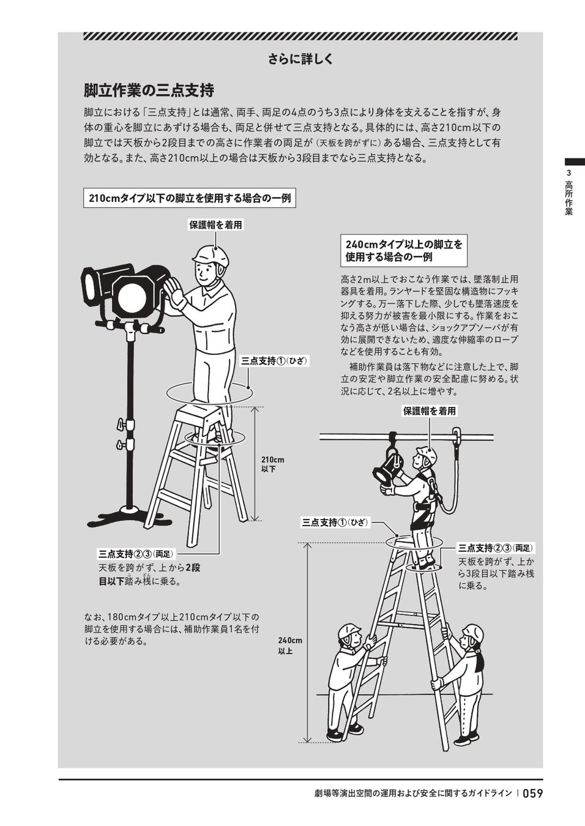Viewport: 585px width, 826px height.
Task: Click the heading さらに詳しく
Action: [x=300, y=59]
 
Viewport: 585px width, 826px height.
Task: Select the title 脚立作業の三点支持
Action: [x=149, y=91]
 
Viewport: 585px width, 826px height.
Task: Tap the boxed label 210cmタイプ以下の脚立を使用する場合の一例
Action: [x=190, y=198]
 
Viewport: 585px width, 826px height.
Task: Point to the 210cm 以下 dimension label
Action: [x=272, y=464]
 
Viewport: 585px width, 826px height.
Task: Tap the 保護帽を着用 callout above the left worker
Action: [x=216, y=225]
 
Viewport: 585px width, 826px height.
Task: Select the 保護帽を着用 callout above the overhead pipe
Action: [x=430, y=411]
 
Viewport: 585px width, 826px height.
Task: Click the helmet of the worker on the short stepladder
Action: [x=211, y=256]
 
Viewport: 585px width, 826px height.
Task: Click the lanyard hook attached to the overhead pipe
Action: [x=456, y=435]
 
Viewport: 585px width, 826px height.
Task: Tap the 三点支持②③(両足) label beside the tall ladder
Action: [x=496, y=548]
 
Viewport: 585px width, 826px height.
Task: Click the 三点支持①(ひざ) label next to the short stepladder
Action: [x=274, y=361]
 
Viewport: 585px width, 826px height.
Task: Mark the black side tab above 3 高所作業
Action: [x=575, y=162]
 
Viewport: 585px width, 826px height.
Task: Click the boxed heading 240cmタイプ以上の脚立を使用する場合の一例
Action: [x=403, y=250]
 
